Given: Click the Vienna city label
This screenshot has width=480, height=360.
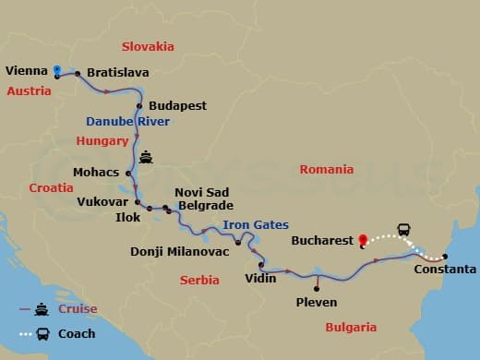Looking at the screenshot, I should pyautogui.click(x=26, y=69).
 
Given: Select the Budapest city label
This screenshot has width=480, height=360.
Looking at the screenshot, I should pyautogui.click(x=177, y=105).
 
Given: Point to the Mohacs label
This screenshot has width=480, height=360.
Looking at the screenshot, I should pyautogui.click(x=95, y=172).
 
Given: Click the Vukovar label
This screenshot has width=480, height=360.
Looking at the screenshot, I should pyautogui.click(x=102, y=200).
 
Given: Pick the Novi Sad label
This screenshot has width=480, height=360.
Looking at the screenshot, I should pyautogui.click(x=195, y=193).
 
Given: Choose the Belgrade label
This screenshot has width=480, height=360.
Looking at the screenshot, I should pyautogui.click(x=204, y=206).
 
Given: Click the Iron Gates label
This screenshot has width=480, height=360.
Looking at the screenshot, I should pyautogui.click(x=256, y=224).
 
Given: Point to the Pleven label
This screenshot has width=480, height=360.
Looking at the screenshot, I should pyautogui.click(x=317, y=302).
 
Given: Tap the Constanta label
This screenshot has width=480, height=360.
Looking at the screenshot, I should pyautogui.click(x=446, y=270).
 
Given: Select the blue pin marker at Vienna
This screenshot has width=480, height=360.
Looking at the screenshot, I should pyautogui.click(x=57, y=70).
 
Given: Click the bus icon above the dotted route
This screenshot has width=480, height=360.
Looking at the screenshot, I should pyautogui.click(x=403, y=229).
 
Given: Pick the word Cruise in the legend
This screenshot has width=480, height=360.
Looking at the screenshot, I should pyautogui.click(x=78, y=309).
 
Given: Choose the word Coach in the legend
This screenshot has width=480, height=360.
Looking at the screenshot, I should pyautogui.click(x=77, y=333).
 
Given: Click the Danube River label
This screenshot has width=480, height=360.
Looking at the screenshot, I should pyautogui.click(x=126, y=122).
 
